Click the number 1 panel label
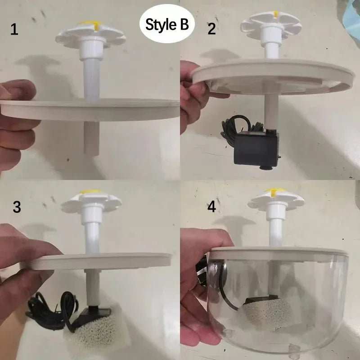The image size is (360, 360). coord(14,31)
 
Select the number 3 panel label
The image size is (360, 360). coord(17,207)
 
